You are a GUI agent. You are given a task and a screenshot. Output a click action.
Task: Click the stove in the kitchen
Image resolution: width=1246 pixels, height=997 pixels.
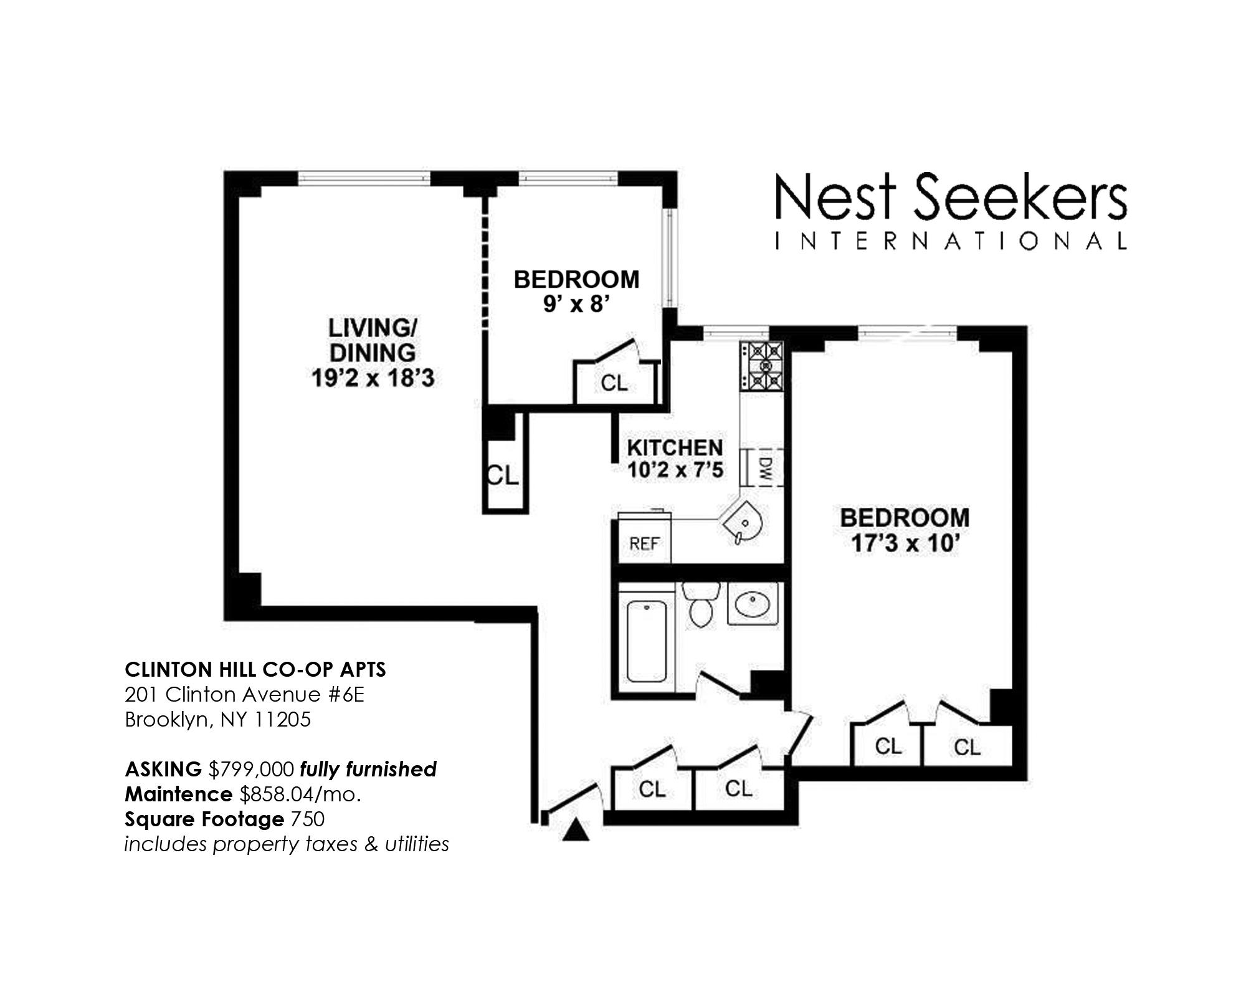coord(761,366)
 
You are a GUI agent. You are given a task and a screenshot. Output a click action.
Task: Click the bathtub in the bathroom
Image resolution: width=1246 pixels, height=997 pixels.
coord(646,641)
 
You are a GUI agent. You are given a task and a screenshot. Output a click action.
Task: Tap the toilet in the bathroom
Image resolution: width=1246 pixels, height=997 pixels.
coord(701,604)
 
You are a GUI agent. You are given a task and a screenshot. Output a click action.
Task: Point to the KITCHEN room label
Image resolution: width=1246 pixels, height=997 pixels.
coord(675,447)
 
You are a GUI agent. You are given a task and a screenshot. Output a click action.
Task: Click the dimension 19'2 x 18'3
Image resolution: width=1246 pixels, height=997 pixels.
coord(373,378)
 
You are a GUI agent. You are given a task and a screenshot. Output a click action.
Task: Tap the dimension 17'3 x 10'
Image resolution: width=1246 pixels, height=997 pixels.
coord(904,543)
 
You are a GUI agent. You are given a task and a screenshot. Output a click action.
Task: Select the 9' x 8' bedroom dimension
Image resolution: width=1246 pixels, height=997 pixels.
coord(576,305)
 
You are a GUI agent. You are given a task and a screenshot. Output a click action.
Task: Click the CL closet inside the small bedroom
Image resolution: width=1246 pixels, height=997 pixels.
coord(614,383)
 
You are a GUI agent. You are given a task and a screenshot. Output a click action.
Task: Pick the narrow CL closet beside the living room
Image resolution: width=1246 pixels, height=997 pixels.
coord(503,476)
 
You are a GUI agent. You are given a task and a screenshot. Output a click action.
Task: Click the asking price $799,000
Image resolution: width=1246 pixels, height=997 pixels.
coord(251,770)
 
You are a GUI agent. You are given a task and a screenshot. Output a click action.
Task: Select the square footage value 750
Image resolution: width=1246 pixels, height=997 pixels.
coord(306,819)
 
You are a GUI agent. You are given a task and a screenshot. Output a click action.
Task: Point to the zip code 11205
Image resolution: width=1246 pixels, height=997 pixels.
coord(282,720)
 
